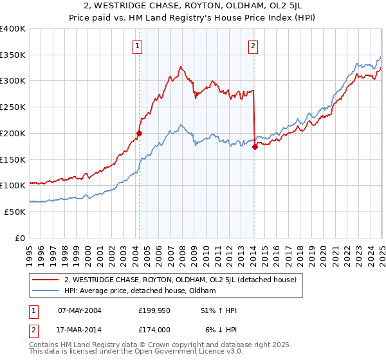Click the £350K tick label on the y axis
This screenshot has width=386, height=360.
click(13, 55)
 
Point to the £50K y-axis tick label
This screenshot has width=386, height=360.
click(15, 212)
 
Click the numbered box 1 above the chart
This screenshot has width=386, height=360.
click(138, 46)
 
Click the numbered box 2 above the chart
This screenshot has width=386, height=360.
click(253, 46)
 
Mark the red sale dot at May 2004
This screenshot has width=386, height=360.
click(139, 134)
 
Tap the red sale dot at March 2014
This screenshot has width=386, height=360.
click(255, 147)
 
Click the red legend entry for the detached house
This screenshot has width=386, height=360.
click(180, 280)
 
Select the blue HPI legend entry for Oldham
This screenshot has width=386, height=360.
click(140, 291)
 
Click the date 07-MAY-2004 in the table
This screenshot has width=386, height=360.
click(80, 310)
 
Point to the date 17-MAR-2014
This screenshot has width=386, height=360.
click(80, 329)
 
